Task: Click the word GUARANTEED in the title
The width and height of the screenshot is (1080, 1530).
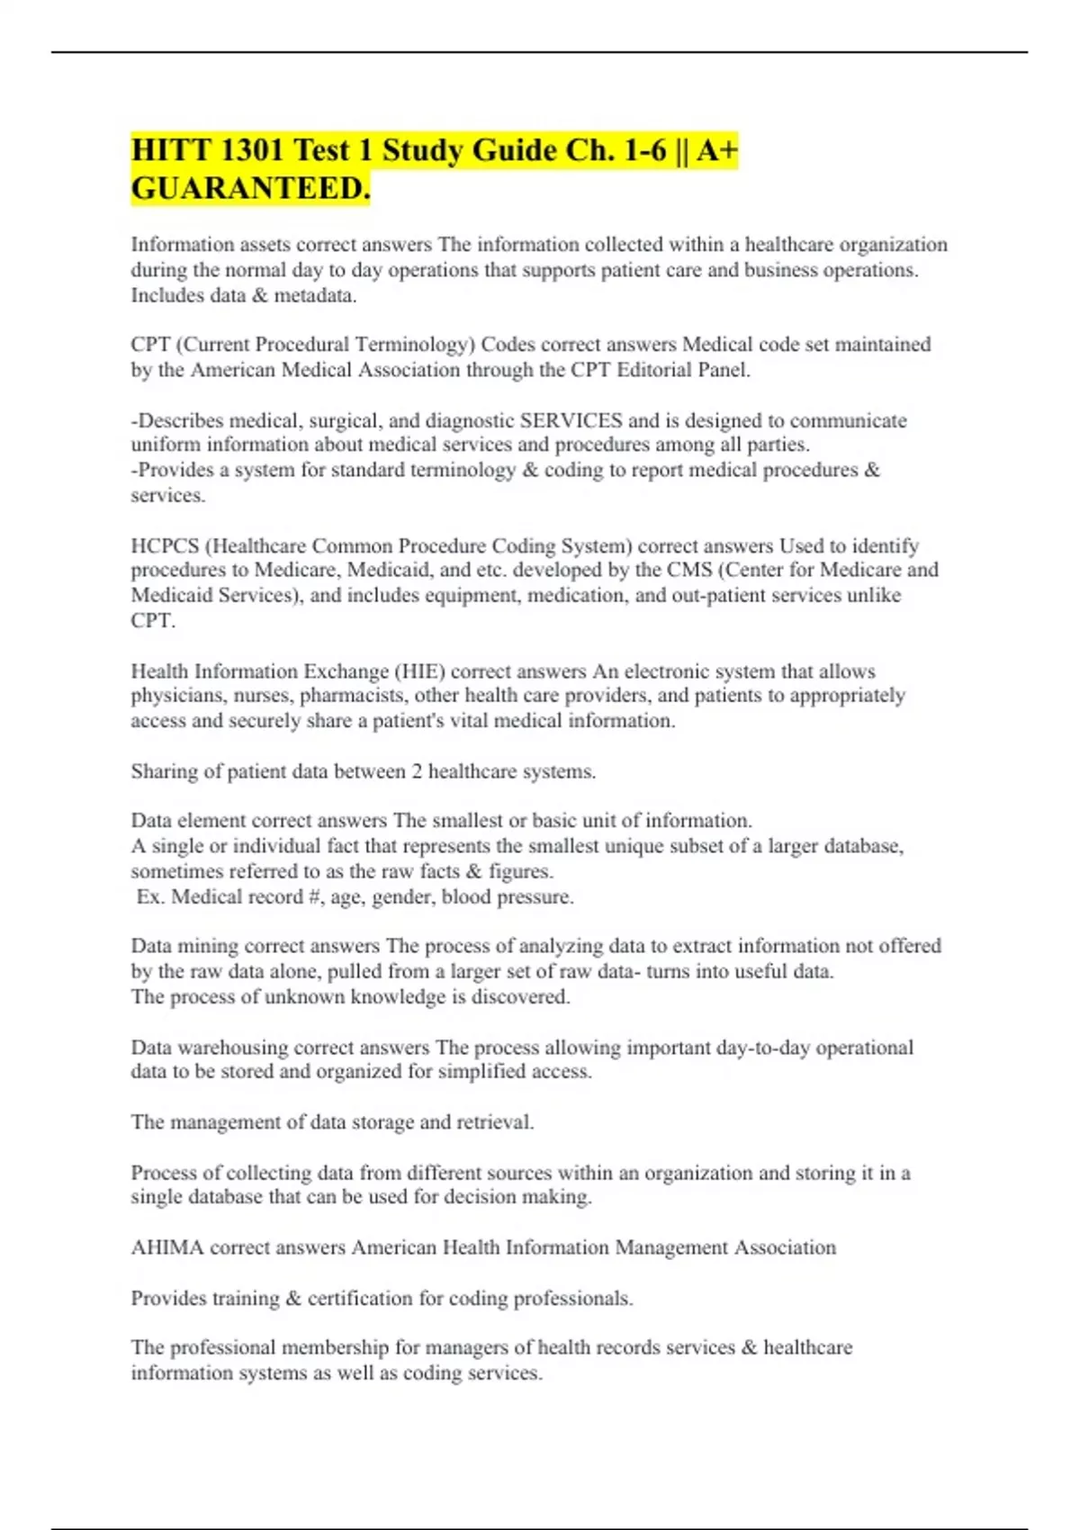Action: [250, 189]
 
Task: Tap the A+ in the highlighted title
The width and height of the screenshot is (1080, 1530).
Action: [717, 150]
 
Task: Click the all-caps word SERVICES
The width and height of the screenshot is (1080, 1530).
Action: [571, 420]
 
